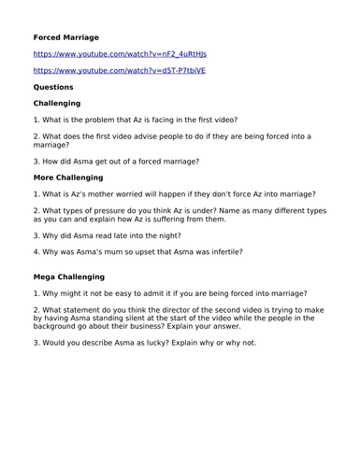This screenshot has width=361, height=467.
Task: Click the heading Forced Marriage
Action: tap(65, 37)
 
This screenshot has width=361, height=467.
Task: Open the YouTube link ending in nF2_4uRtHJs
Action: tap(120, 54)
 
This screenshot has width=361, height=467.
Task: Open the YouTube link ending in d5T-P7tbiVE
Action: tap(119, 70)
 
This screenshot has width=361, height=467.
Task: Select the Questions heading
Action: tap(53, 87)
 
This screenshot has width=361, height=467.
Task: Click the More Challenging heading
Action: tap(68, 177)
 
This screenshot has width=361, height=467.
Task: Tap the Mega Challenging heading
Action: tap(68, 277)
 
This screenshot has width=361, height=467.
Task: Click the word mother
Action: tap(106, 194)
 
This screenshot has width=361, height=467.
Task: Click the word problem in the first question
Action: tap(104, 120)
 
